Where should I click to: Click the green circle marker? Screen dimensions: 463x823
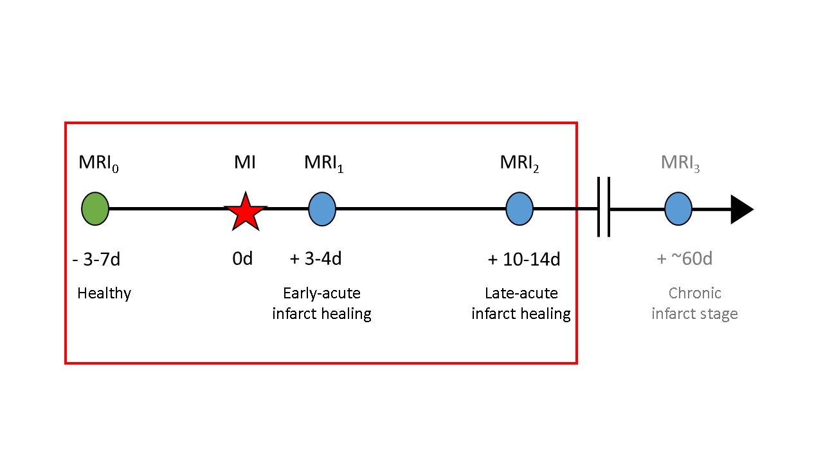95,209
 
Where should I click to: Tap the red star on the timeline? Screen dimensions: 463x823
245,211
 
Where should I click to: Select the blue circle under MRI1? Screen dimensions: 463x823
321,209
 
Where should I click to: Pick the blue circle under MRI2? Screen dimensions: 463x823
520,209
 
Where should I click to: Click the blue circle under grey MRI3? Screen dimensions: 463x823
678,209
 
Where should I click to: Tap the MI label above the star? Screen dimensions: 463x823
244,163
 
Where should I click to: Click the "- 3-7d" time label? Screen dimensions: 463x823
96,260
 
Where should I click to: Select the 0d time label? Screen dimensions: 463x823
242,259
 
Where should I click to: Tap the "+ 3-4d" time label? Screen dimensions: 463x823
316,259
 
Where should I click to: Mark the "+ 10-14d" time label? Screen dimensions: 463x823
524,260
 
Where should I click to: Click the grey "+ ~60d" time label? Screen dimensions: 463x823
684,259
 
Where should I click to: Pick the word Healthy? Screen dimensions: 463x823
104,294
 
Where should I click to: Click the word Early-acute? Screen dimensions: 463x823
321,293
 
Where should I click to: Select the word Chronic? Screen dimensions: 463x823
695,293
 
